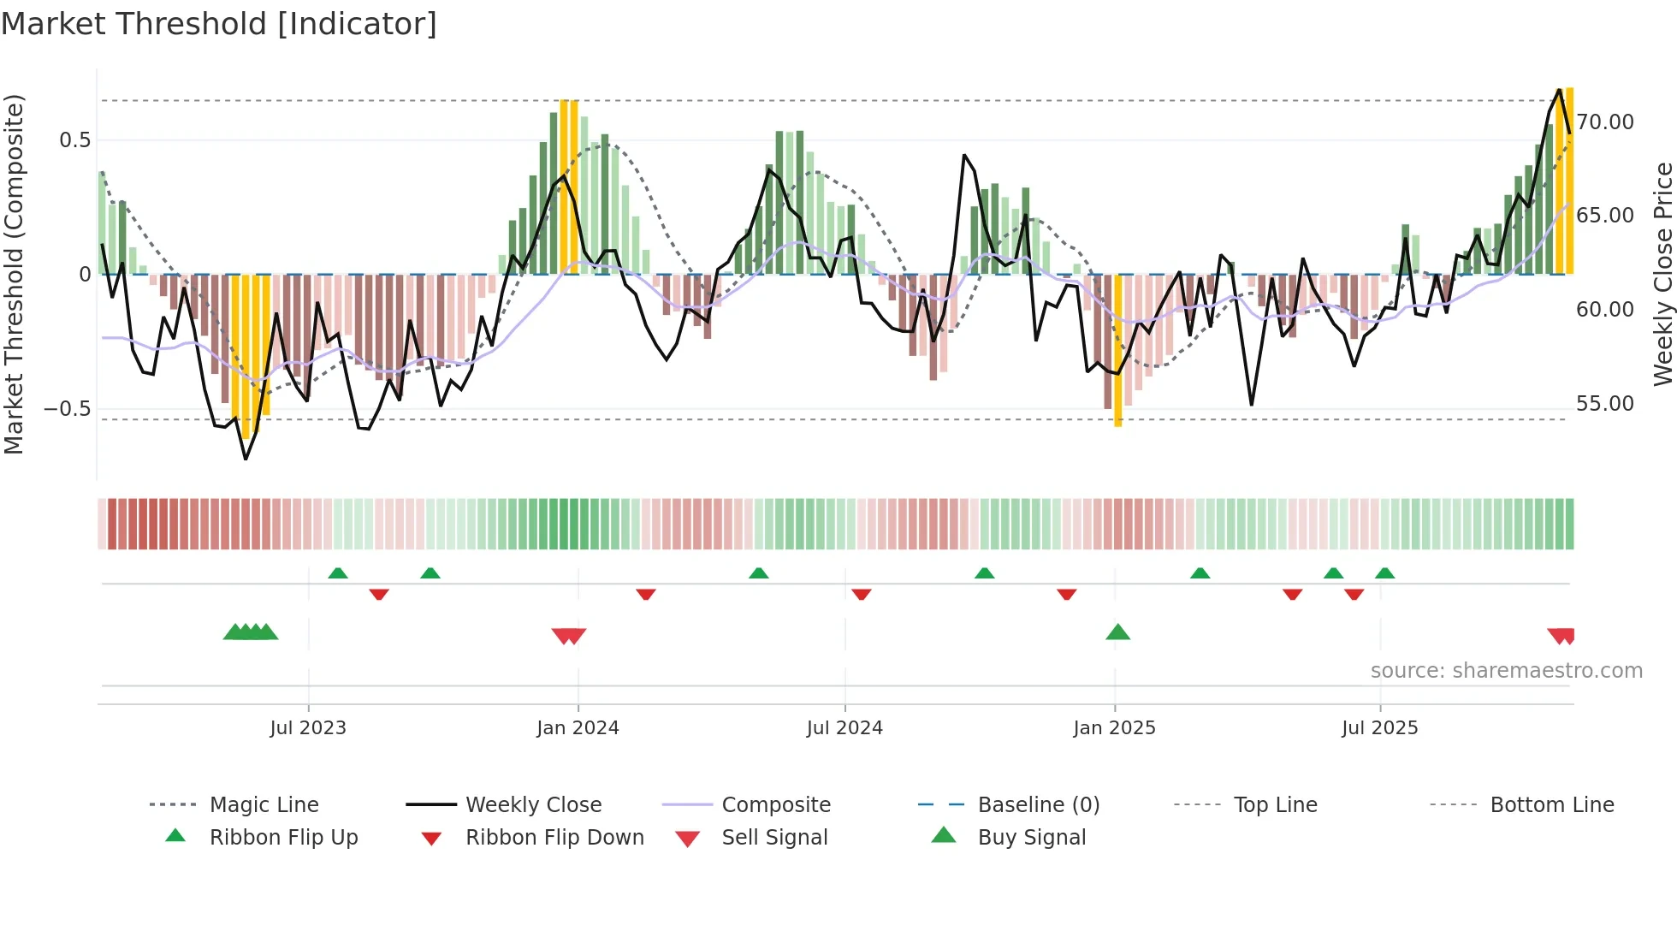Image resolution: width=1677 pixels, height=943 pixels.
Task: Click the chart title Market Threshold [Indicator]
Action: [x=219, y=24]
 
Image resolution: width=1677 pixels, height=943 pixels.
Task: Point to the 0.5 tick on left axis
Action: [x=75, y=140]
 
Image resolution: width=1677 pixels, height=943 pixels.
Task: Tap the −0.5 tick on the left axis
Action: [x=68, y=408]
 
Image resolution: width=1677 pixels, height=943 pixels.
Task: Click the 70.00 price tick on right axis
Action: [x=1605, y=122]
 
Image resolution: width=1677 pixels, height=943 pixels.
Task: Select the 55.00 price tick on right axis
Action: [x=1605, y=404]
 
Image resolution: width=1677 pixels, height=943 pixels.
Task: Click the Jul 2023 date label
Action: [x=308, y=728]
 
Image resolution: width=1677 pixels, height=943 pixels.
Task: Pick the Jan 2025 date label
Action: [x=1114, y=728]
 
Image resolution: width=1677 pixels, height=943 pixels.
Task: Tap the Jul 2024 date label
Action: [x=844, y=728]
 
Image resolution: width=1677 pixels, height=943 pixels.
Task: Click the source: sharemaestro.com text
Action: [x=1506, y=671]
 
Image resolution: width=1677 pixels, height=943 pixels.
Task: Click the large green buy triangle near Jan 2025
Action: [x=1117, y=633]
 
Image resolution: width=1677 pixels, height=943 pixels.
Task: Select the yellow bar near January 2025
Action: [x=1118, y=351]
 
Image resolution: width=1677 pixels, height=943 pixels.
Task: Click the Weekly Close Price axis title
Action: [x=1662, y=274]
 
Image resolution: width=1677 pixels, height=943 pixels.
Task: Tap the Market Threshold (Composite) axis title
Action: [x=15, y=274]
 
